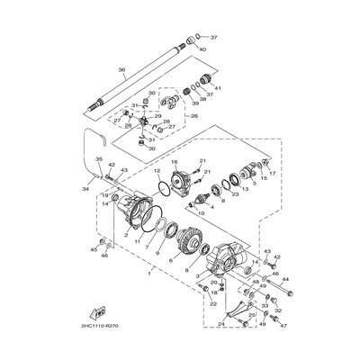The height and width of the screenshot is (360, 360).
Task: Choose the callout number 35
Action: [x=98, y=159]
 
